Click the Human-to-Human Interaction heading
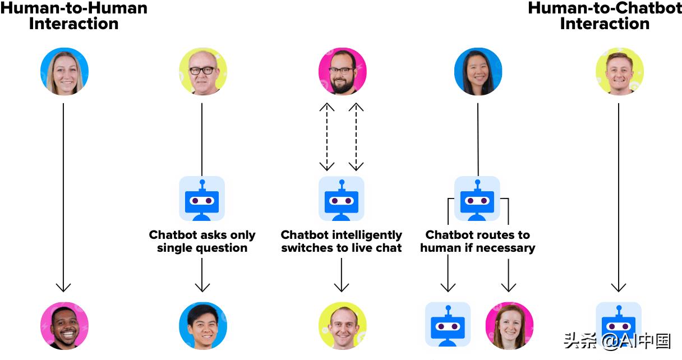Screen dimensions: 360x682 [73, 16]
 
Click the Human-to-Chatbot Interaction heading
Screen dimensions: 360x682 [605, 16]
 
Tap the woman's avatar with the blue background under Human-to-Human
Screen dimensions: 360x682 [64, 71]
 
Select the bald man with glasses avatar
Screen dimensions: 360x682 [202, 71]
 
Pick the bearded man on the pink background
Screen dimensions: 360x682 [342, 71]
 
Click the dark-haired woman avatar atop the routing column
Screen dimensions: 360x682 [478, 71]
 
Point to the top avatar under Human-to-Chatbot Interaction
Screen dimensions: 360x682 [619, 71]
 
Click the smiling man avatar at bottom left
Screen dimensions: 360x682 [64, 326]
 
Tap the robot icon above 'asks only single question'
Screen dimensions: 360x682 [202, 199]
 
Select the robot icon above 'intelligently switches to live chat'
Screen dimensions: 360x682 [342, 199]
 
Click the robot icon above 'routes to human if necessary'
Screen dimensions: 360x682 [477, 199]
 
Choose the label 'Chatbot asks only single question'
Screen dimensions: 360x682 [202, 241]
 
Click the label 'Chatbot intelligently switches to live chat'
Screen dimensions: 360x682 [342, 241]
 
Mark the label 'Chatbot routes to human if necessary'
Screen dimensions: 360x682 [478, 241]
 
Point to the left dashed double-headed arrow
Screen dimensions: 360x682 [326, 137]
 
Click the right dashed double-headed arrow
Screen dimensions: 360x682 [356, 137]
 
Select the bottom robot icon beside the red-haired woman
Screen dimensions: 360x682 [448, 325]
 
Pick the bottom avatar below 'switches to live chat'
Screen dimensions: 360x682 [342, 326]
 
